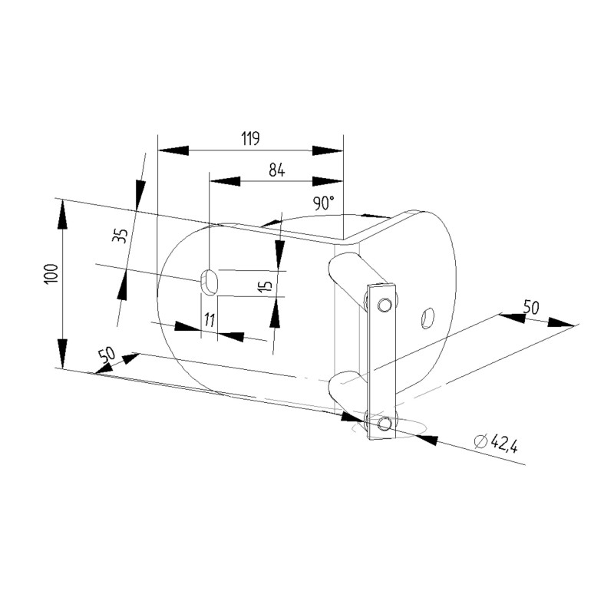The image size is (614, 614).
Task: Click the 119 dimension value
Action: pos(251,139)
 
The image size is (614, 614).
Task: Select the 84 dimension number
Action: pos(277,170)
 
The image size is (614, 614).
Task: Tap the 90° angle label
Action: pos(324,203)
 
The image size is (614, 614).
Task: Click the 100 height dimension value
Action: pos(52,274)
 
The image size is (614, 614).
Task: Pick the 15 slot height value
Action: pos(266,286)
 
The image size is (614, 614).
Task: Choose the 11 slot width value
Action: pos(210,320)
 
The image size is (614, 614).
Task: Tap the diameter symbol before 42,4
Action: pos(480,441)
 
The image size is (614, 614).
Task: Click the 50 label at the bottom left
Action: pos(107,355)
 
